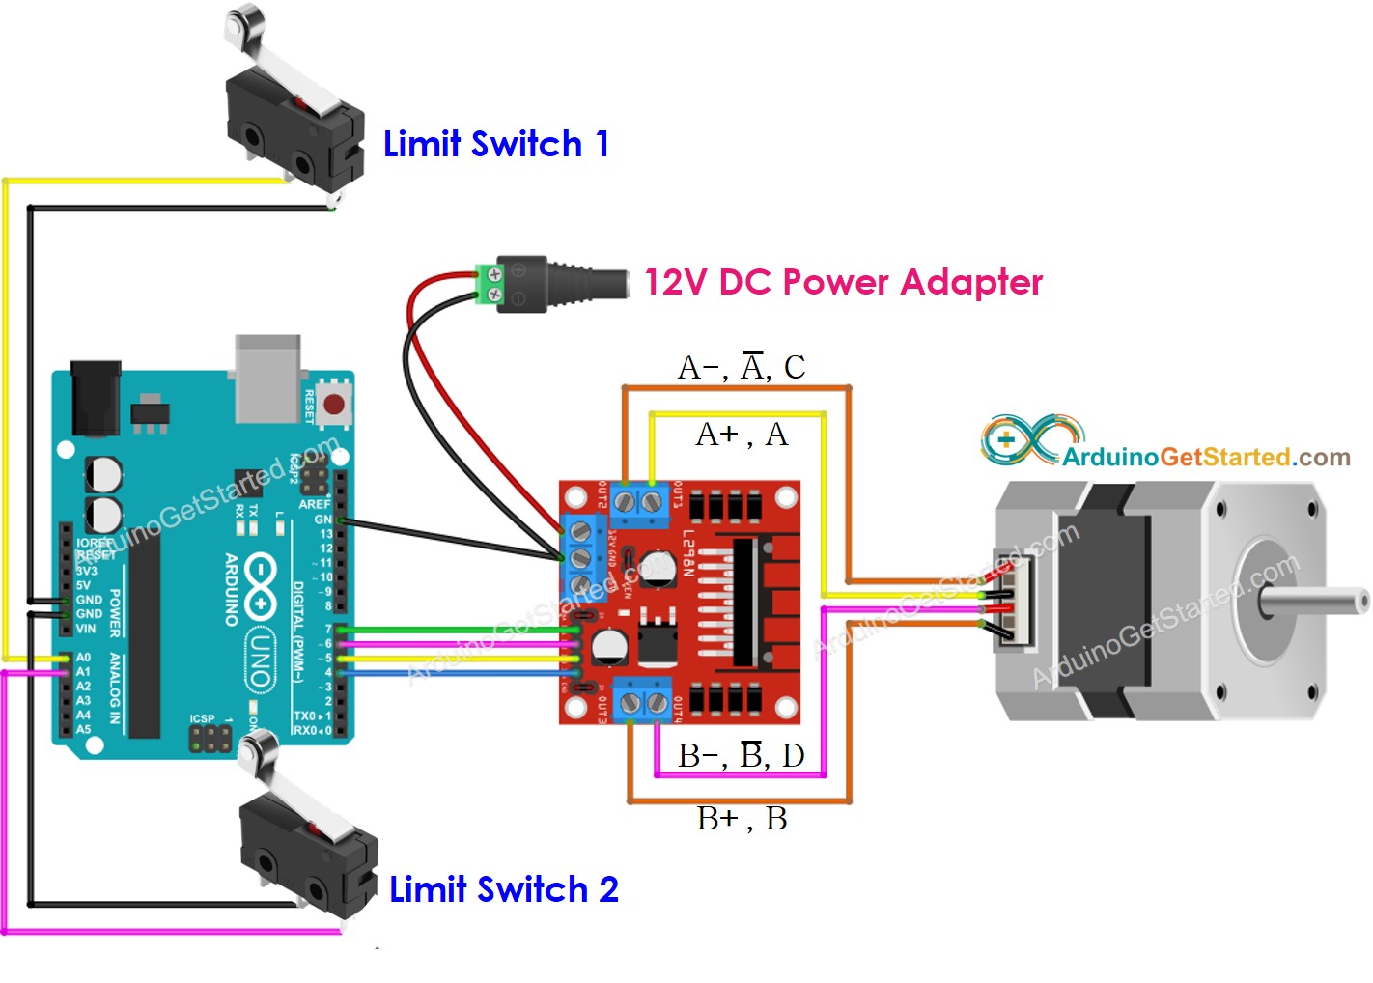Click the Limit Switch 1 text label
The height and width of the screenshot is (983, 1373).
495,145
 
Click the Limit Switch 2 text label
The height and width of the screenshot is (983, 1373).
503,889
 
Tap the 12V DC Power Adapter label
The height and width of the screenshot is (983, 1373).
843,282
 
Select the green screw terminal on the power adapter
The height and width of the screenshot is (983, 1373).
491,284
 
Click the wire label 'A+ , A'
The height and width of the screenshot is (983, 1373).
742,435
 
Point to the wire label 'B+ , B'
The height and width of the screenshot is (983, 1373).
742,819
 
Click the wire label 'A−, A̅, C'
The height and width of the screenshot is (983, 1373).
742,368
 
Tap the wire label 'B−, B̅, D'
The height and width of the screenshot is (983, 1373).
742,755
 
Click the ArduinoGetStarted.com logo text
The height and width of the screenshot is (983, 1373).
1206,457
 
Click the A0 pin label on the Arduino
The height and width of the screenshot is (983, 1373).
84,658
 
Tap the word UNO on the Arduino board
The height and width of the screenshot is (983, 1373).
259,660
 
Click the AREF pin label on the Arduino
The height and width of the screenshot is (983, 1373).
315,504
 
